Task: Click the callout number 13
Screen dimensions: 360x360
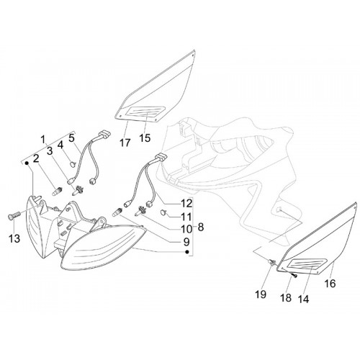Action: pos(14,238)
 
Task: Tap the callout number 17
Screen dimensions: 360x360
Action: pos(125,143)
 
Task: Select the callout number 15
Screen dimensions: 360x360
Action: pos(145,138)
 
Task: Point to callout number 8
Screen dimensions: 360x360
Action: pos(201,227)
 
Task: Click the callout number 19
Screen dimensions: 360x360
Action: pos(261,294)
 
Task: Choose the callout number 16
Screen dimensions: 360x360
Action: pos(330,284)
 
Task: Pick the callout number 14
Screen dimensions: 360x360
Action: pos(303,299)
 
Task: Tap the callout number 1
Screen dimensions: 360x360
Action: pos(43,139)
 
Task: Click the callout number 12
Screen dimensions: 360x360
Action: pos(187,204)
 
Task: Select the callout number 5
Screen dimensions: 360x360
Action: pos(71,138)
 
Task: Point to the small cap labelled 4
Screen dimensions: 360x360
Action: pos(72,163)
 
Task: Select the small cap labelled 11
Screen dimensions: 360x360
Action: pos(163,212)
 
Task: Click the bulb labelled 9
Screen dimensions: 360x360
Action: pos(118,212)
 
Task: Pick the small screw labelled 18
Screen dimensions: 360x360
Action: pos(294,276)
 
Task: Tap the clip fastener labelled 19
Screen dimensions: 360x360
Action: pos(271,262)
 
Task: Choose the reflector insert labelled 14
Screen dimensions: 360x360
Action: pos(307,264)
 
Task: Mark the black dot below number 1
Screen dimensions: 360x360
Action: pos(27,163)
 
